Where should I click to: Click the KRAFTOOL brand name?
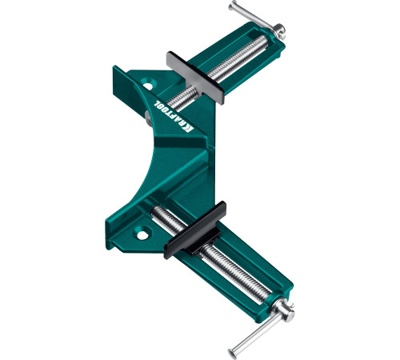(174, 117)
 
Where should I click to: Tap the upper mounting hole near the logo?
(147, 86)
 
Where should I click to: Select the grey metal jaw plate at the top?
(195, 78)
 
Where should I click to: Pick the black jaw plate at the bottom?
(195, 230)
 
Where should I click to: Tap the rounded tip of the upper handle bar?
(233, 6)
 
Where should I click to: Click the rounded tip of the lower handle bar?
(233, 354)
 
